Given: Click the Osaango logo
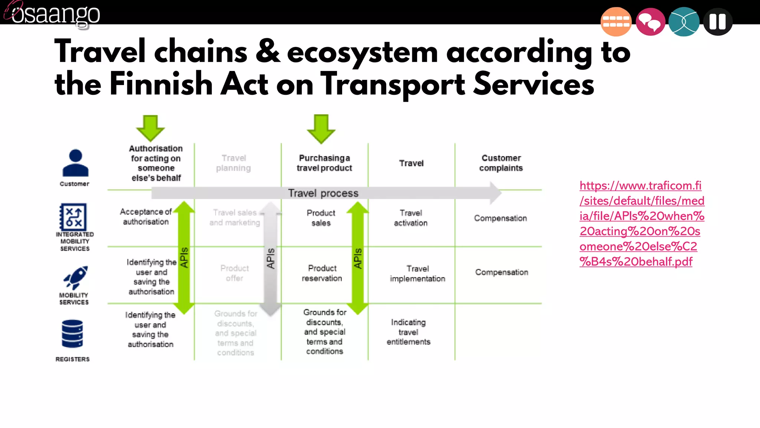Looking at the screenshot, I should coord(54,14).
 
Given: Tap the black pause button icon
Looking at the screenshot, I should coord(717,22).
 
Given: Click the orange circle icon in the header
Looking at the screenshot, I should coord(616,22).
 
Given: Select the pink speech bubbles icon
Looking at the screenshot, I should coord(650,22).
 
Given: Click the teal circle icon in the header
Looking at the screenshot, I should coord(684,22).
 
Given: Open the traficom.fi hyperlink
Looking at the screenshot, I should coord(641,223).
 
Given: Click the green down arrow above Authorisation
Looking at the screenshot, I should coord(150,128).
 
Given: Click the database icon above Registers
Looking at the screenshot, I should coord(72,333).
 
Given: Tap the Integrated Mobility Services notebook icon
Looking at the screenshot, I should coord(73,217).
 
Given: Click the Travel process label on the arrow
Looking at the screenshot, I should coord(323,193).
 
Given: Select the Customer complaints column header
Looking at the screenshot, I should coord(501,163).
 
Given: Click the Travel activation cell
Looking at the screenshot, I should coord(410,218).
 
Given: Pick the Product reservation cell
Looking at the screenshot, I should coord(322,273).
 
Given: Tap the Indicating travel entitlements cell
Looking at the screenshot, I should coord(408,332).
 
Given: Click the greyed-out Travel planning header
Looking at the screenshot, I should coord(233,163).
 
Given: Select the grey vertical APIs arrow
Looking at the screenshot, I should coord(271,258).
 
